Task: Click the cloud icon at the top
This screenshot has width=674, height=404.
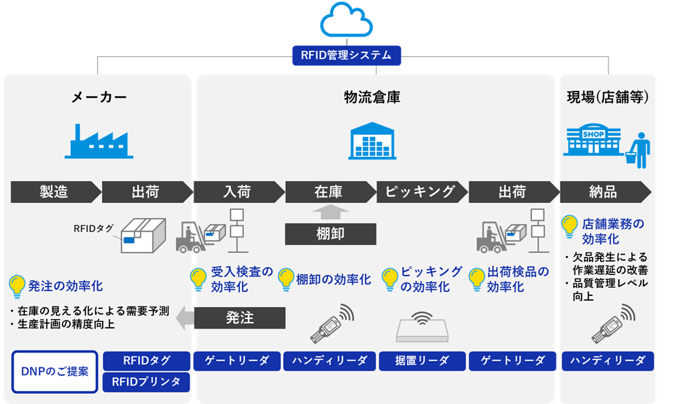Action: coord(347,20)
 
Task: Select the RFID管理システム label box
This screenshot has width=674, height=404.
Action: coord(347,55)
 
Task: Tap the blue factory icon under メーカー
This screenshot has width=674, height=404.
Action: coord(99,141)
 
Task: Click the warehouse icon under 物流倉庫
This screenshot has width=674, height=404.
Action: coord(372,141)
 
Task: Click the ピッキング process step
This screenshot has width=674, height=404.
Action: coord(420,191)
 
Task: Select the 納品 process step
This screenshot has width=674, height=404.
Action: coord(603,191)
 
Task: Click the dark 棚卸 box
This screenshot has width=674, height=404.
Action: coord(330,234)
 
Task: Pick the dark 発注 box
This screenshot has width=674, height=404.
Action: coord(239,318)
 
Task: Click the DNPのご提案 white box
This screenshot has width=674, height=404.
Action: coord(54,371)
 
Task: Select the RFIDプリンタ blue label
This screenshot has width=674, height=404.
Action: coord(146,382)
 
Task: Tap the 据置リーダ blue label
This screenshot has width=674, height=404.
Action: coord(422,361)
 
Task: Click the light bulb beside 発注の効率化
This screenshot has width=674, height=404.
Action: coord(17,286)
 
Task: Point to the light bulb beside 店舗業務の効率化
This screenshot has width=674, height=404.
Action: coord(570,226)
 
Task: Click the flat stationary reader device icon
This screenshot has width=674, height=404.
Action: coord(422,327)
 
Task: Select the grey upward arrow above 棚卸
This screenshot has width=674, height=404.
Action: coord(330,212)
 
